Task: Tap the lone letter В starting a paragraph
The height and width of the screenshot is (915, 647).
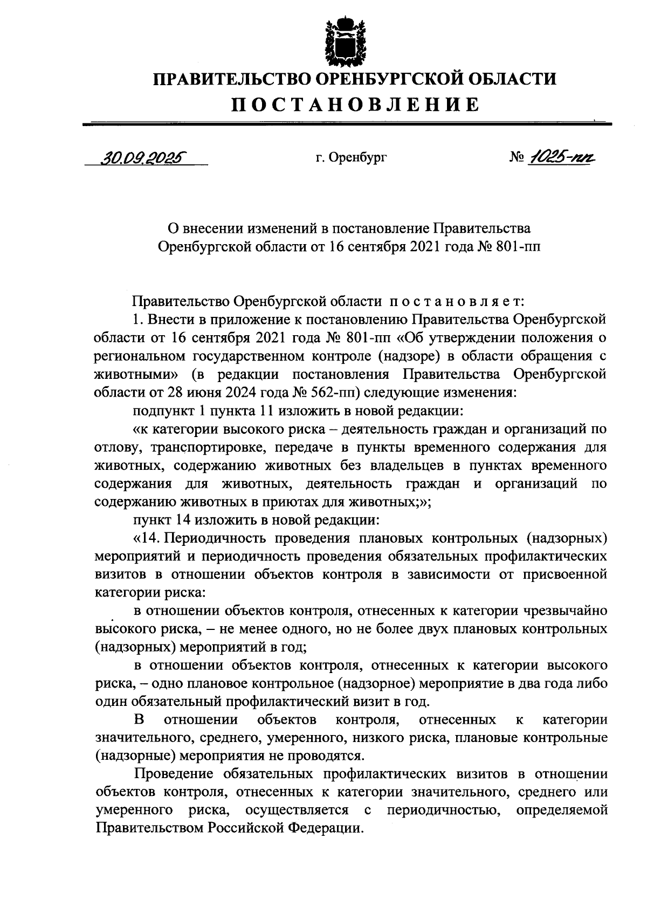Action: coord(139,720)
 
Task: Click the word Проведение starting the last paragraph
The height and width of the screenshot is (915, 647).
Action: coord(174,774)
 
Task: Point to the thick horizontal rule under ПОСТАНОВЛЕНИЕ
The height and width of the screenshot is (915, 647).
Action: coord(347,124)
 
